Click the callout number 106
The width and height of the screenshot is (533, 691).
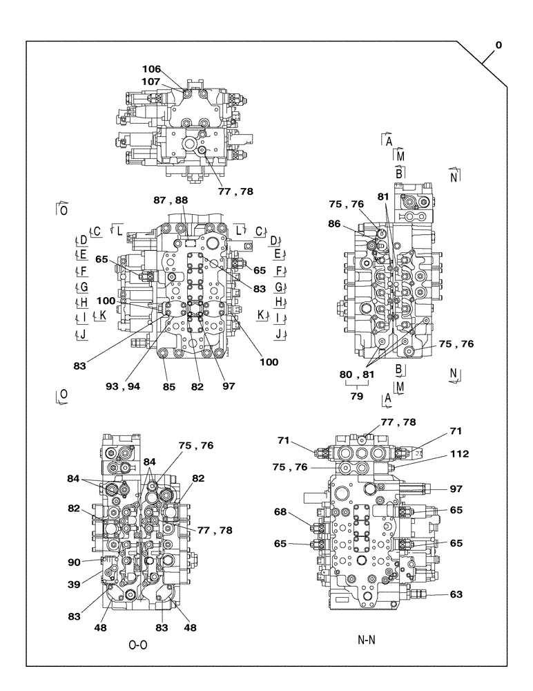pos(151,69)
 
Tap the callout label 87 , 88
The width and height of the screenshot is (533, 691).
pos(171,200)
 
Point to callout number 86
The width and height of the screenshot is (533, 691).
pos(334,224)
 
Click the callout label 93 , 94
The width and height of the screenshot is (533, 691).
pos(123,386)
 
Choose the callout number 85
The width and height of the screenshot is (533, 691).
pos(169,386)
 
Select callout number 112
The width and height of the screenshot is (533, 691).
pos(458,454)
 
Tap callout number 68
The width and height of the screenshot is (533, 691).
pos(281,512)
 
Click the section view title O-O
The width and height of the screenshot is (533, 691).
pos(139,645)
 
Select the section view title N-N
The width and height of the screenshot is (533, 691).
pos(367,640)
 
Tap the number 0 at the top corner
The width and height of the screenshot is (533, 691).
pos(498,46)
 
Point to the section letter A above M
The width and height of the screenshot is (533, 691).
pos(389,141)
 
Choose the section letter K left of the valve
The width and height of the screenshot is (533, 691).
pos(101,315)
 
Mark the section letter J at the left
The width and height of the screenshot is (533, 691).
pos(84,335)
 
